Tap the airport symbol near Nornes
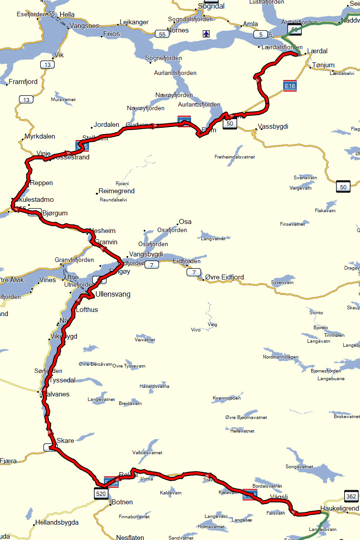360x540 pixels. coord(206,33)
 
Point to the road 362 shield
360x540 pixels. coord(351,496)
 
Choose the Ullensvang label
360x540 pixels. coord(113,294)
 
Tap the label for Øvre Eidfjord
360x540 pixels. coord(224,277)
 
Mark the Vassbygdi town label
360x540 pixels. coord(273,126)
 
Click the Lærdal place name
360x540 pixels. coord(317,51)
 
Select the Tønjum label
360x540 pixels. coord(323,65)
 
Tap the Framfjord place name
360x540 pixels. coord(23,82)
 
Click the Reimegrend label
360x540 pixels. coord(117,191)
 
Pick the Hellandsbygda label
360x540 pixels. coord(56,522)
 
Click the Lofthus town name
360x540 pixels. coord(87,310)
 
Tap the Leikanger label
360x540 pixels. coord(134,22)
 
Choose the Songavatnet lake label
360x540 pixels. coord(299,466)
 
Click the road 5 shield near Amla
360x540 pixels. coord(261,34)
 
